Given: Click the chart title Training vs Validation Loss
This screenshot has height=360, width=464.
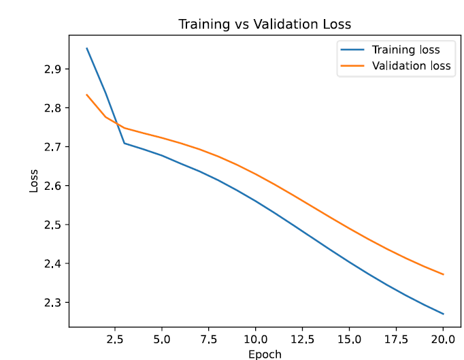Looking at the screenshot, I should pyautogui.click(x=265, y=24).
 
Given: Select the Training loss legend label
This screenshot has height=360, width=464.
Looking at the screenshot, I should pyautogui.click(x=405, y=50).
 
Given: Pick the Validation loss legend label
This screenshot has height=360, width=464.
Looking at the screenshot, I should pyautogui.click(x=411, y=66).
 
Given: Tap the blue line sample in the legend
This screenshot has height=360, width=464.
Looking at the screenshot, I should pyautogui.click(x=354, y=50).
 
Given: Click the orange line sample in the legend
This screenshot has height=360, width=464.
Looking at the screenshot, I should pyautogui.click(x=354, y=66).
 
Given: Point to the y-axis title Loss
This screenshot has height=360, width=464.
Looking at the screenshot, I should pyautogui.click(x=34, y=181).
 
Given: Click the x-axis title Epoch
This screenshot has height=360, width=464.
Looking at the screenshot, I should pyautogui.click(x=265, y=354).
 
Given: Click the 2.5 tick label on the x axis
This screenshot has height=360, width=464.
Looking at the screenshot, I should pyautogui.click(x=115, y=338).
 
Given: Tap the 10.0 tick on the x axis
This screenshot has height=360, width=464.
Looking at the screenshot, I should pyautogui.click(x=255, y=338).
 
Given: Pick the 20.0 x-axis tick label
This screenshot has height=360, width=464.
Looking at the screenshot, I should pyautogui.click(x=443, y=338).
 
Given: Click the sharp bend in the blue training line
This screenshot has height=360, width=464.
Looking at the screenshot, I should pyautogui.click(x=124, y=143).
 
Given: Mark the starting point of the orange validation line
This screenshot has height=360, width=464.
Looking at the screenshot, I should pyautogui.click(x=86, y=95).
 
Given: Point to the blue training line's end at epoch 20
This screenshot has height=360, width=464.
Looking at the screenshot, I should pyautogui.click(x=444, y=314).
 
